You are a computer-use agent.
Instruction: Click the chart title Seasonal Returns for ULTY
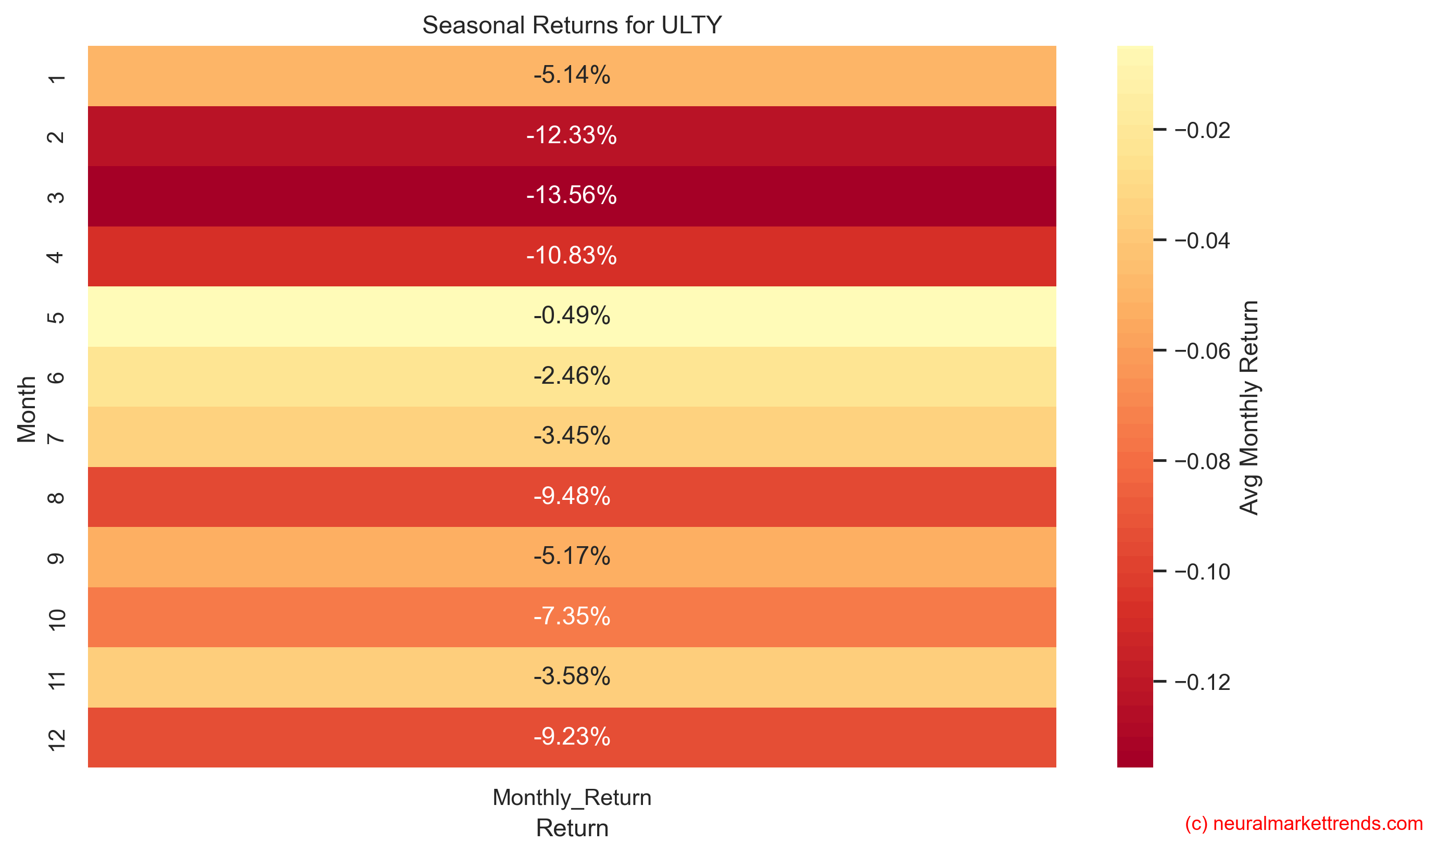click(572, 26)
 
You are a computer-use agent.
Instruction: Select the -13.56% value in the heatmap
click(572, 195)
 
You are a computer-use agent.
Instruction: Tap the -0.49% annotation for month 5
click(572, 316)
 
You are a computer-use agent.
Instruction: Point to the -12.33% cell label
click(572, 135)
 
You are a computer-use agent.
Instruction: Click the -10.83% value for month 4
click(572, 256)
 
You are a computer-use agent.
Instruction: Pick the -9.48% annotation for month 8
click(572, 496)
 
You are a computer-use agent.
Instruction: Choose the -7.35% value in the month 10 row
click(572, 616)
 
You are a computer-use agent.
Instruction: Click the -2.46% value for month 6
click(572, 375)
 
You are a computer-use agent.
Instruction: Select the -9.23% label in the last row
click(572, 737)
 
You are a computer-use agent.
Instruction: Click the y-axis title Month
click(27, 408)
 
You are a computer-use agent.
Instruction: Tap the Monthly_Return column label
click(572, 797)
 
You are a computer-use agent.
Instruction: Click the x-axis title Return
click(572, 828)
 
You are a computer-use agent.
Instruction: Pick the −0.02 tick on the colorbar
click(1202, 130)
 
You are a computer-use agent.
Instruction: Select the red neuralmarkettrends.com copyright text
click(1304, 823)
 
